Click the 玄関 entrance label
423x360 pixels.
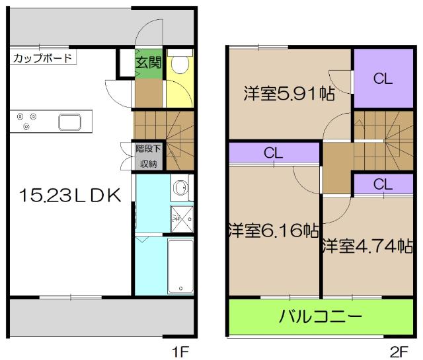[148, 63]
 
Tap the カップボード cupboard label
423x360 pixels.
[42, 58]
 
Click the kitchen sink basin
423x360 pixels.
[69, 122]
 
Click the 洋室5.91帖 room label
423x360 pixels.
[288, 93]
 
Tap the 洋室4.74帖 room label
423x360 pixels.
[367, 246]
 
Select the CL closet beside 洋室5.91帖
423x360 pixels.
[383, 79]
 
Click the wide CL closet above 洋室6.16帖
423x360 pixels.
[274, 153]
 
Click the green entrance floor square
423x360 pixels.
[148, 66]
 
